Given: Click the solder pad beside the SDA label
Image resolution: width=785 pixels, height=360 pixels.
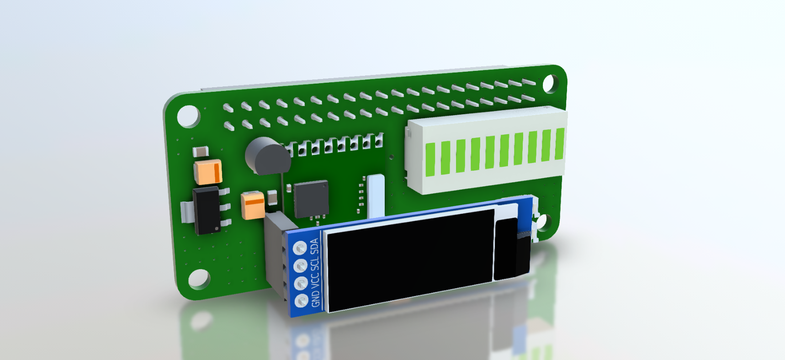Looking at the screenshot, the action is tap(300, 248).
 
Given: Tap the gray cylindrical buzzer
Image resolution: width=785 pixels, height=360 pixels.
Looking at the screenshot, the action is tap(268, 156).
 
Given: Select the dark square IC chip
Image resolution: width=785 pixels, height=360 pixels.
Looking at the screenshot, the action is tap(311, 199).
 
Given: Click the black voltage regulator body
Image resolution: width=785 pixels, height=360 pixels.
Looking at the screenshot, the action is tap(207, 211).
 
